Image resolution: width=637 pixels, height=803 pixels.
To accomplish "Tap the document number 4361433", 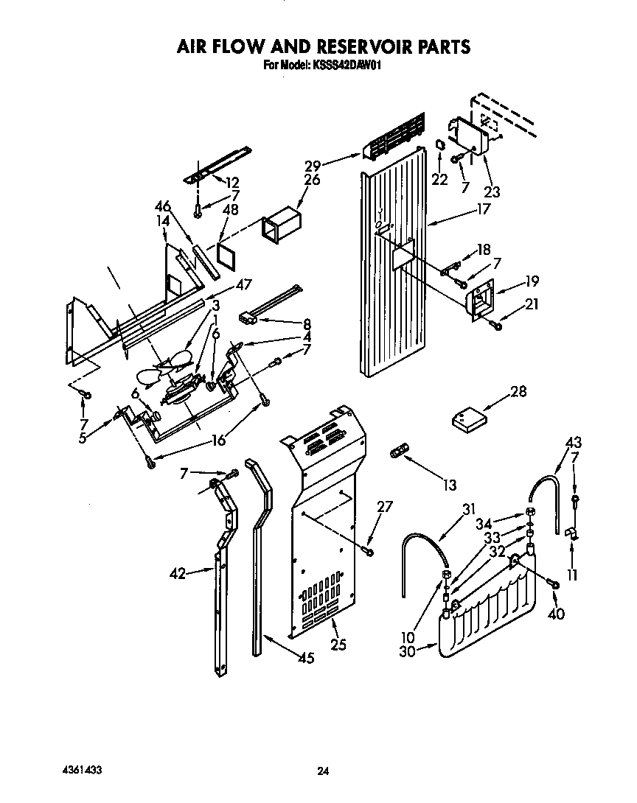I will (80, 769).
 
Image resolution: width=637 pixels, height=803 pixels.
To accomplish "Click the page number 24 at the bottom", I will (322, 771).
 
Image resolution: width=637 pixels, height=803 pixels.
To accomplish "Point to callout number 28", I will (518, 391).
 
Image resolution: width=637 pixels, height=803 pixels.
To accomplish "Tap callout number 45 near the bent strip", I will (306, 658).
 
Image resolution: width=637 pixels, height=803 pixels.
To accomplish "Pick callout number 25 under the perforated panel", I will (338, 645).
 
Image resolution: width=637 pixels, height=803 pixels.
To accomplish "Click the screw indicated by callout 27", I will (369, 550).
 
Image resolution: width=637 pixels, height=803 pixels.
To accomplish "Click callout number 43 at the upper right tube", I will (572, 443).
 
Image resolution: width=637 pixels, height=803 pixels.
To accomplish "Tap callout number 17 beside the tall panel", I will (483, 209).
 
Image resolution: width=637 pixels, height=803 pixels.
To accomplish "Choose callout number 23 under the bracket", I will (492, 192).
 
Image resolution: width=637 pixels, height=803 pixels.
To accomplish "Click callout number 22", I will (440, 180).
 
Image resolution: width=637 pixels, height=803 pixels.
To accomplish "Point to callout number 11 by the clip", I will (572, 575).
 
